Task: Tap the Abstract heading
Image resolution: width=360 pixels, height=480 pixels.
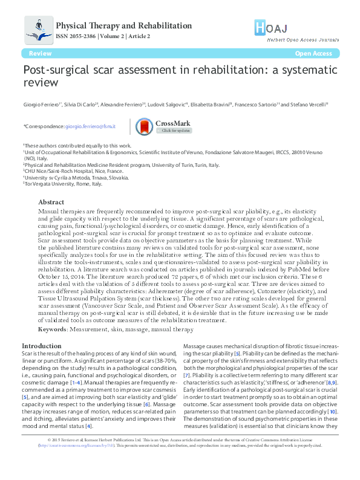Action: pos(51,202)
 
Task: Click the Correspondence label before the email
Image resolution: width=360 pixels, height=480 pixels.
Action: pos(43,126)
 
